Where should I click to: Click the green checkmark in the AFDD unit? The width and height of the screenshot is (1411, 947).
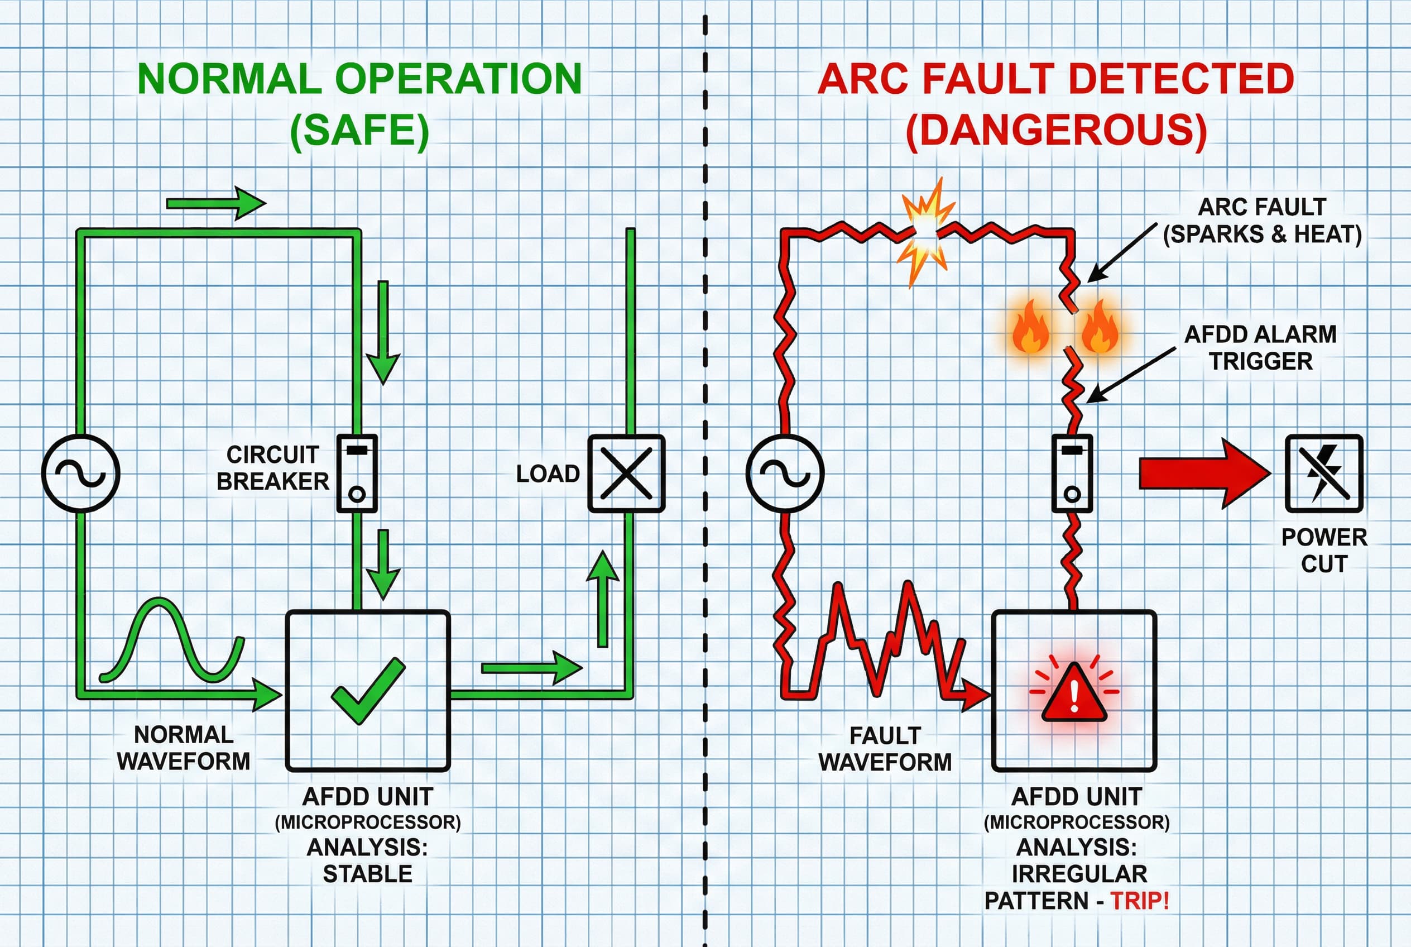368,691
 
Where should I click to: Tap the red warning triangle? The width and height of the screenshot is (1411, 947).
1074,693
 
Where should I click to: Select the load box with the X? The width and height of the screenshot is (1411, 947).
626,474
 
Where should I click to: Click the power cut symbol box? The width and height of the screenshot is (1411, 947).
1324,474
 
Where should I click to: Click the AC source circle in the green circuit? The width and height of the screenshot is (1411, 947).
81,474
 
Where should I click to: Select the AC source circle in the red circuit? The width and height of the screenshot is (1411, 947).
785,474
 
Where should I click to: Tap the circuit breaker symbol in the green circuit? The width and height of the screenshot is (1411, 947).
357,474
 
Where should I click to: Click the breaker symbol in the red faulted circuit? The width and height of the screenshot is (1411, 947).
1072,474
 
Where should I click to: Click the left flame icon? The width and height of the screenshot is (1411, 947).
1030,327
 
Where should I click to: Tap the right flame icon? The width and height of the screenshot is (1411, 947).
1100,327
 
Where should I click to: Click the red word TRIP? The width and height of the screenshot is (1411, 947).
1140,901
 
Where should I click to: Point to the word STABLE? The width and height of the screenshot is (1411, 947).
367,874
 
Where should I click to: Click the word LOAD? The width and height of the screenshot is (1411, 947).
548,474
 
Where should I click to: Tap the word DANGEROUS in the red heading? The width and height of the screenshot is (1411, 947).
1056,130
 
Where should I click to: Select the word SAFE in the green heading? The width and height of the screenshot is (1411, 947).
360,130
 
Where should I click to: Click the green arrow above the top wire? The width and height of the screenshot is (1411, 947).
215,204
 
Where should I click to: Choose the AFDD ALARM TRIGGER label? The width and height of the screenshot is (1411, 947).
1261,347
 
